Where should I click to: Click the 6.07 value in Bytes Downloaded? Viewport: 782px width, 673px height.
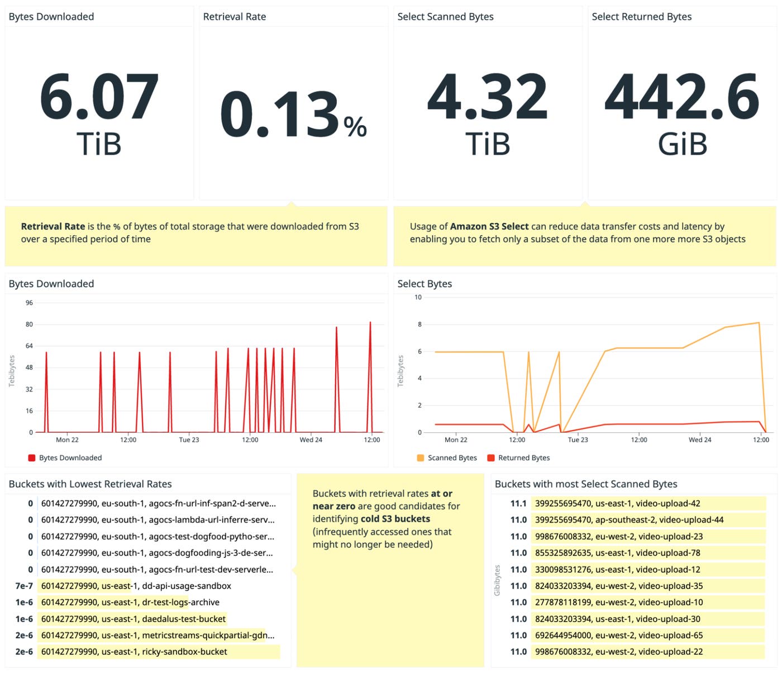click(99, 97)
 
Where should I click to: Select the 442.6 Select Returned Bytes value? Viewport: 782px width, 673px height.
click(682, 97)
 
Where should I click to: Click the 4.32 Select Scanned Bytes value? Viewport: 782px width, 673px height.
click(487, 97)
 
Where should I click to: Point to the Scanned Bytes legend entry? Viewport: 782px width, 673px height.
click(447, 458)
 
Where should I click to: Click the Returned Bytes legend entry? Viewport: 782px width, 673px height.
click(518, 458)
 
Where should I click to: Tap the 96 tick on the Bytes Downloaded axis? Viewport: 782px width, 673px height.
click(29, 303)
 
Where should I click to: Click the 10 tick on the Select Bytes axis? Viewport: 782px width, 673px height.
click(418, 297)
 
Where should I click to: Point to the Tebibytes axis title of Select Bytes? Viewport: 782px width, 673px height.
click(400, 371)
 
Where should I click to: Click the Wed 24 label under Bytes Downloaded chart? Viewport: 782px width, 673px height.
click(311, 440)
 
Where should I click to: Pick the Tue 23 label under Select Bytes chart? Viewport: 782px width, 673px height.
click(578, 440)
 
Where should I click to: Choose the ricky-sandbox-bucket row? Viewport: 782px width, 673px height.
click(134, 652)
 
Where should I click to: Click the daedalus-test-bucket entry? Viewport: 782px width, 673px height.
click(133, 619)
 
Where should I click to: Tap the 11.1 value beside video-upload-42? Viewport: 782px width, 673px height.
click(518, 503)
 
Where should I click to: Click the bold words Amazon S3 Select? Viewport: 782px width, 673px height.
click(489, 226)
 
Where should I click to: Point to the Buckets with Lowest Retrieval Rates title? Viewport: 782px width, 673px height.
click(90, 484)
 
